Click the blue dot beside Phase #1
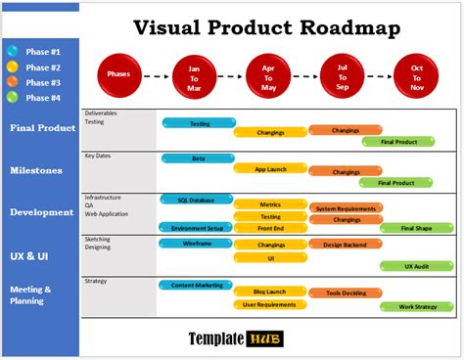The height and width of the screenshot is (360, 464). tap(12, 51)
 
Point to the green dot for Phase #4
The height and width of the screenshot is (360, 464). tap(12, 97)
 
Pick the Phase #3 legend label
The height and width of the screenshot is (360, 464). tap(43, 82)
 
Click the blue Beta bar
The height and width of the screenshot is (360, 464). tap(199, 157)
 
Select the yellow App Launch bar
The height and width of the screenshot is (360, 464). tap(270, 168)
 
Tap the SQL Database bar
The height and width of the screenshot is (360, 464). tap(199, 200)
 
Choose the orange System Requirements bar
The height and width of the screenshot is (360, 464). tap(346, 207)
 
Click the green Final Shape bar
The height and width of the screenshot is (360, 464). tap(415, 228)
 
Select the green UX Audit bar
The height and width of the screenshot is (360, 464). tap(415, 265)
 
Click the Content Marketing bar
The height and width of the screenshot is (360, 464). tap(199, 285)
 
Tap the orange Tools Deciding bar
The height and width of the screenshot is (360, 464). tap(346, 292)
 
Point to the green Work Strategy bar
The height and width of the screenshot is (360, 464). tap(415, 306)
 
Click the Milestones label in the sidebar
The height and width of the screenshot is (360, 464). tap(36, 170)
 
